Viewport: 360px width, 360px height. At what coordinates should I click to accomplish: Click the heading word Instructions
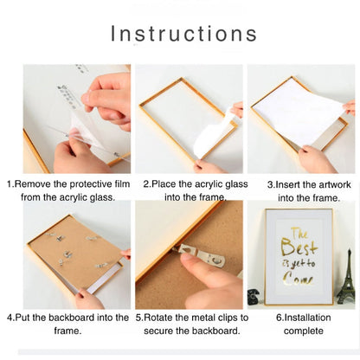(x=183, y=34)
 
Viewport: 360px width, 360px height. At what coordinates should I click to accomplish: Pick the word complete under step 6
(x=303, y=331)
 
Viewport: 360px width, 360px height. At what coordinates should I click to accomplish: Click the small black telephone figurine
(x=254, y=297)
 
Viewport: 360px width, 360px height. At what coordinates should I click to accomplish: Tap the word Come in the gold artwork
(x=298, y=279)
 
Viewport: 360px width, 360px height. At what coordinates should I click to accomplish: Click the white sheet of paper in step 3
(x=299, y=114)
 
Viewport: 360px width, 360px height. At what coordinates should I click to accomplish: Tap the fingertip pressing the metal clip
(x=188, y=260)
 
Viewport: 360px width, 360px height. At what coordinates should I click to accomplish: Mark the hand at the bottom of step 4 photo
(x=89, y=299)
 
